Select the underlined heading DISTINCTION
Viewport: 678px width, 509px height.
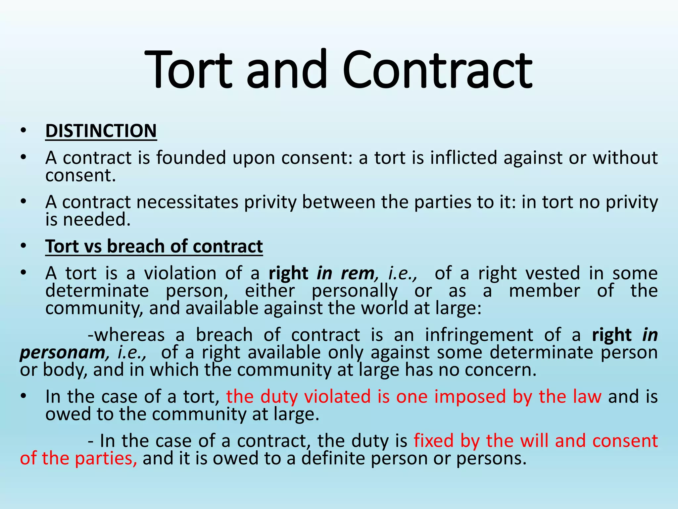coord(101,131)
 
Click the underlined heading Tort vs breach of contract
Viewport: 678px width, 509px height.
coord(154,246)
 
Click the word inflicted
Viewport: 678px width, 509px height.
coord(463,157)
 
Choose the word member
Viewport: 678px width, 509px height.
coord(544,291)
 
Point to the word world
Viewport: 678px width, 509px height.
coord(384,308)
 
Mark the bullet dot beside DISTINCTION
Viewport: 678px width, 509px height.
coord(23,131)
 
